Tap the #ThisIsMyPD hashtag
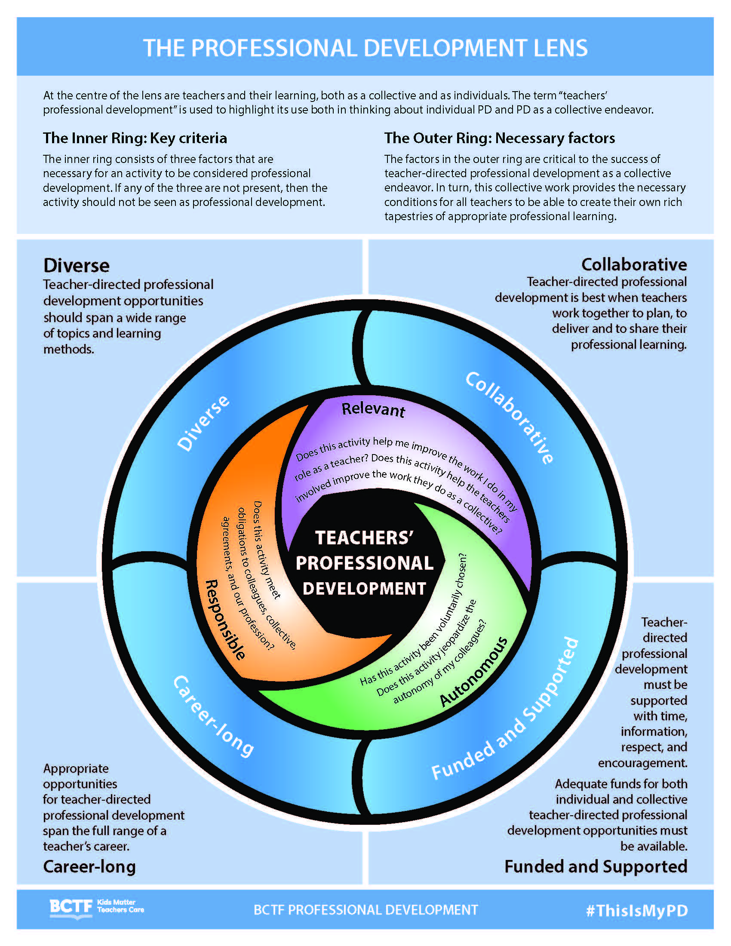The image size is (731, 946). click(636, 910)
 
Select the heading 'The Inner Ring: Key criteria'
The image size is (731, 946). click(135, 138)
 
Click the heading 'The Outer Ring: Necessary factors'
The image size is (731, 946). click(499, 138)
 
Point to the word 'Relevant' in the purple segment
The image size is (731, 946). click(373, 409)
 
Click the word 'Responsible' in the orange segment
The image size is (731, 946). click(225, 619)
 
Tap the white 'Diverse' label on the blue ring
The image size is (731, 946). click(203, 423)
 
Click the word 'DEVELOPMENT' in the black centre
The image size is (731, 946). click(364, 589)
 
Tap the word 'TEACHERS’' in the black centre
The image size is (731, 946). click(364, 538)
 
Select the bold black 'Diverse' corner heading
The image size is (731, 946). click(77, 265)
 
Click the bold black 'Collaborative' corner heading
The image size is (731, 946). click(634, 264)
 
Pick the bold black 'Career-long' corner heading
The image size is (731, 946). click(89, 866)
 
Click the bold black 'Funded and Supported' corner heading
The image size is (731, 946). click(596, 866)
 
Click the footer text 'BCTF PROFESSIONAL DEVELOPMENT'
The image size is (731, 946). click(365, 910)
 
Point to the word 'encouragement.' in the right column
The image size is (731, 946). click(643, 763)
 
